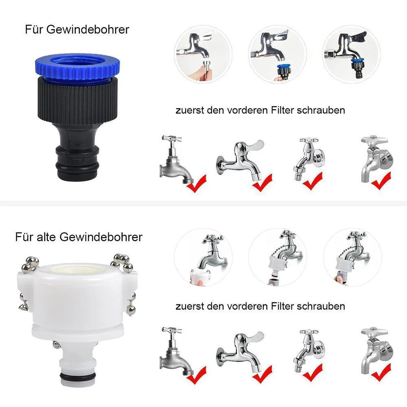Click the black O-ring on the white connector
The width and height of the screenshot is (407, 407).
pyautogui.click(x=77, y=376)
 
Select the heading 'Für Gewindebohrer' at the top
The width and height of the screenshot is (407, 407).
pyautogui.click(x=77, y=30)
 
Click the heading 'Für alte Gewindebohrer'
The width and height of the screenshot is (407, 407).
pyautogui.click(x=79, y=237)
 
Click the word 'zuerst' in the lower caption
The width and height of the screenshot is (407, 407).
pyautogui.click(x=190, y=306)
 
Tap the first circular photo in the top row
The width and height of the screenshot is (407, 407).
pyautogui.click(x=203, y=54)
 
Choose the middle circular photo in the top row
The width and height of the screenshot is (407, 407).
pyautogui.click(x=278, y=54)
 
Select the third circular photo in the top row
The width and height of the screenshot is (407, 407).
pyautogui.click(x=352, y=54)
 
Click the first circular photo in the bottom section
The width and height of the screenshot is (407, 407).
pyautogui.click(x=203, y=257)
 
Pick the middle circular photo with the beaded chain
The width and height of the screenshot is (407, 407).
pyautogui.click(x=278, y=257)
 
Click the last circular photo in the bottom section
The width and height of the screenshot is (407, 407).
pyautogui.click(x=352, y=257)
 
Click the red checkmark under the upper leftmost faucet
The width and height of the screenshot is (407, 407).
pyautogui.click(x=197, y=184)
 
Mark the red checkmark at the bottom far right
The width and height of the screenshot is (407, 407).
pyautogui.click(x=381, y=372)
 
